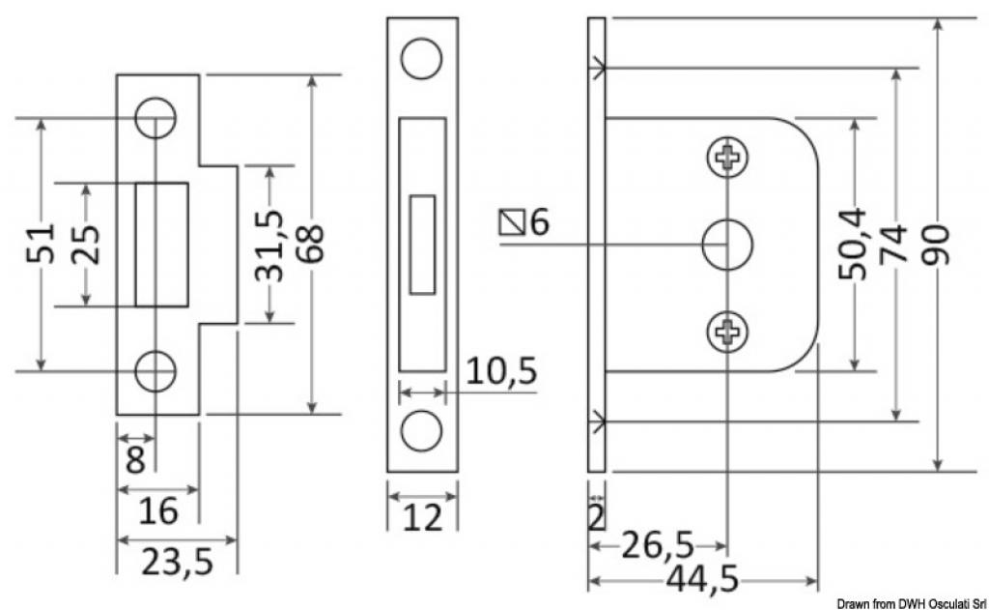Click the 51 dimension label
coord(41,243)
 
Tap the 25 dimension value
coord(86,245)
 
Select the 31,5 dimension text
coord(269,246)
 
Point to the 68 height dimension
coord(312,244)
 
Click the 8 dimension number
coord(135,459)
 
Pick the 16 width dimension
coord(157,510)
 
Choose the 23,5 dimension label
coord(178,562)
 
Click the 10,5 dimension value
coord(501,370)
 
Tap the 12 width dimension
coord(422,518)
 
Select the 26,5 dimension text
coord(657,545)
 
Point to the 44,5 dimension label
coord(702,579)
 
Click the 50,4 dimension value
coord(854,244)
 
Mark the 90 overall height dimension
coord(937,245)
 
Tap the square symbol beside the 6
coord(512,222)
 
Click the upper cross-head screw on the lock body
coord(727,157)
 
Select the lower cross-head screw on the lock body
coord(727,332)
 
